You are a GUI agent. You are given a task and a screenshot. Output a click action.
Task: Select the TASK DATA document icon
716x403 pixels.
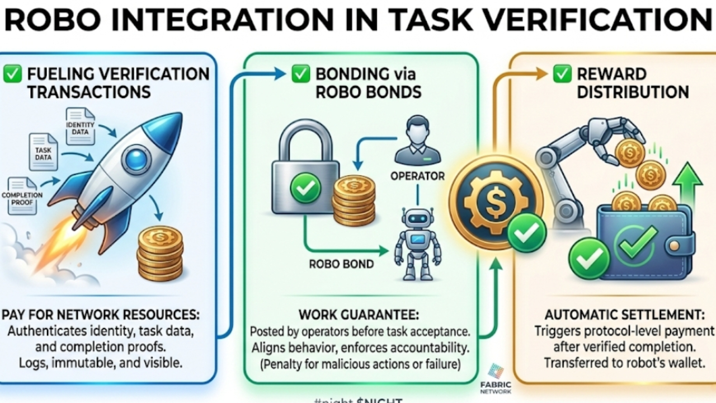(x=43, y=152)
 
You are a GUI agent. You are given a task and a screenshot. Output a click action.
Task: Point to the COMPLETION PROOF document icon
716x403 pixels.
(x=22, y=195)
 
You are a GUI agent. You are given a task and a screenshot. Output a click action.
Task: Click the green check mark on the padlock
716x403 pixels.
(x=305, y=190)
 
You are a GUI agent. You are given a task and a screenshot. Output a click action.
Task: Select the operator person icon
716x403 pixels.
(x=417, y=140)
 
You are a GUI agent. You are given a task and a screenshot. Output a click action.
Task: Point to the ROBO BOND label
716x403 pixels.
(x=341, y=263)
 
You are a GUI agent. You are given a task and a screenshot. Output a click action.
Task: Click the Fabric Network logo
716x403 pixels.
(x=495, y=372)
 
